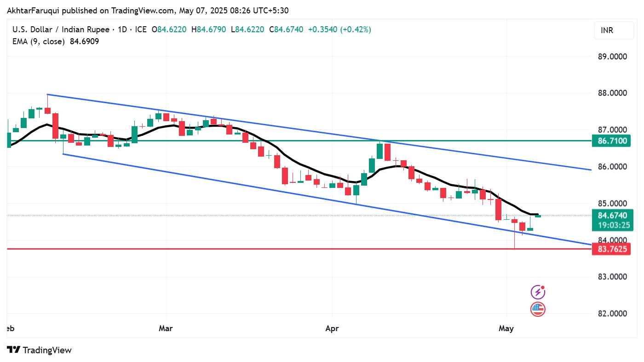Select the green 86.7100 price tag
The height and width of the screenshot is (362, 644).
pyautogui.click(x=612, y=140)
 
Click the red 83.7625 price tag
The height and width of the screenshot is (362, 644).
pyautogui.click(x=612, y=249)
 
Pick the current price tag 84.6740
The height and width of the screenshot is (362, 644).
pyautogui.click(x=612, y=215)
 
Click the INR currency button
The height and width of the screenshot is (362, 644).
pyautogui.click(x=610, y=31)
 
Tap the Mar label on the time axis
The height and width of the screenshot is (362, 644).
pyautogui.click(x=166, y=328)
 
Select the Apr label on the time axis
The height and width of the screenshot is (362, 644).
pyautogui.click(x=332, y=328)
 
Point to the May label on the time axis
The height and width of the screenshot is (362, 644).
pyautogui.click(x=506, y=328)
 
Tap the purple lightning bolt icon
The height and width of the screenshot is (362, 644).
pyautogui.click(x=538, y=292)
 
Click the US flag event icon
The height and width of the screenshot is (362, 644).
pyautogui.click(x=538, y=309)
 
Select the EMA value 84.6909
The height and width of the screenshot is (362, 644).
pyautogui.click(x=84, y=41)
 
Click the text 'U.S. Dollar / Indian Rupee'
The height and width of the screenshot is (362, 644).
pyautogui.click(x=61, y=29)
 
